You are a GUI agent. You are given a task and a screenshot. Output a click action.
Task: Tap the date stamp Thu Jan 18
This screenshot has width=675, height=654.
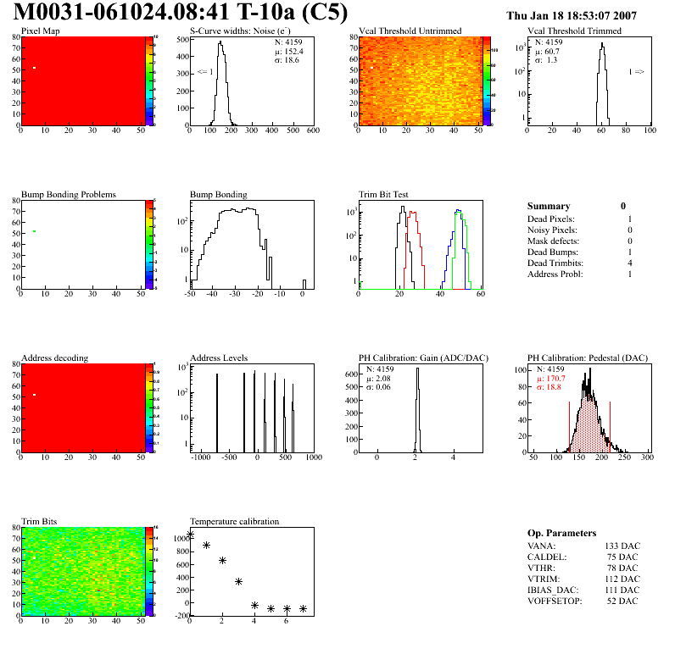coord(542,15)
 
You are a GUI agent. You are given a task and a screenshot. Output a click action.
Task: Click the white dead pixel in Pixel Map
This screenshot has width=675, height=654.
coord(34,68)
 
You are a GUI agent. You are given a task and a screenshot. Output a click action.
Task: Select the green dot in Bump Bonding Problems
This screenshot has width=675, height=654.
coord(34,231)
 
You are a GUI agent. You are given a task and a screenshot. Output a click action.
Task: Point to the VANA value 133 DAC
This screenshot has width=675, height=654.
coord(622,546)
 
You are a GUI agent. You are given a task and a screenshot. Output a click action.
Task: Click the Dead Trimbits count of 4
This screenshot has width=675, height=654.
coord(629,263)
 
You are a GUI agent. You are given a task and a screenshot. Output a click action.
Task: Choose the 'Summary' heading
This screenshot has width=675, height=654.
coord(549,206)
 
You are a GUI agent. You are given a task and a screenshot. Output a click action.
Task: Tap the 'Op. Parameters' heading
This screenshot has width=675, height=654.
coord(561,533)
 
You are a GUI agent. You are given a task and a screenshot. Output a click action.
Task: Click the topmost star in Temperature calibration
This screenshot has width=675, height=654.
coord(191,535)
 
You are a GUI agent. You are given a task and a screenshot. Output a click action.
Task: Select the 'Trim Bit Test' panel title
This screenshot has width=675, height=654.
coord(384,195)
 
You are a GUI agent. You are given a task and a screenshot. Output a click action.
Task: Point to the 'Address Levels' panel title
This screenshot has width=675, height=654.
coord(219,358)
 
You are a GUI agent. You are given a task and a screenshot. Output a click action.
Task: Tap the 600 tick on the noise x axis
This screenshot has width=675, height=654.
coord(312,130)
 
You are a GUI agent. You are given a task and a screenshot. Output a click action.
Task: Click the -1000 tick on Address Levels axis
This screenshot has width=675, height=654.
coord(200,457)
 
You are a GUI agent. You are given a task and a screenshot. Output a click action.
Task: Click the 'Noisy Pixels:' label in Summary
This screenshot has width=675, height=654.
coord(552,230)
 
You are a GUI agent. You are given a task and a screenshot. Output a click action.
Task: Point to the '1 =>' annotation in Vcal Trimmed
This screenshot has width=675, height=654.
coord(636,72)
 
